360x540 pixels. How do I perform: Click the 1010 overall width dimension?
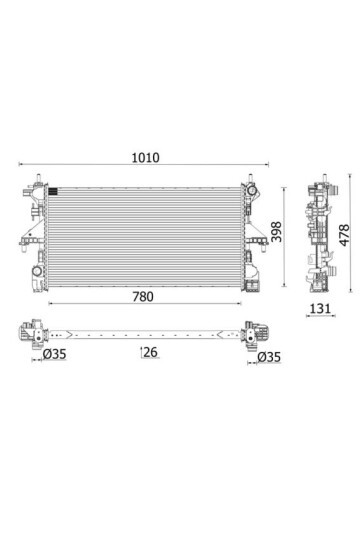pyautogui.click(x=146, y=158)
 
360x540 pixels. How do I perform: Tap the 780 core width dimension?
pyautogui.click(x=143, y=297)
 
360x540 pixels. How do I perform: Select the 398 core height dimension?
pyautogui.click(x=276, y=231)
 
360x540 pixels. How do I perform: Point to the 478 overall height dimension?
pyautogui.click(x=344, y=235)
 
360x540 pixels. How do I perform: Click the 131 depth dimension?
pyautogui.click(x=320, y=308)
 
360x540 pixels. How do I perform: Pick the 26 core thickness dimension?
pyautogui.click(x=151, y=352)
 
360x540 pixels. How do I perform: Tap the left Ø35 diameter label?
pyautogui.click(x=54, y=354)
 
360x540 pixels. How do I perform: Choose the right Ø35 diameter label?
pyautogui.click(x=269, y=357)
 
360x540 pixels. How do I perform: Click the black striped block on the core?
pyautogui.click(x=53, y=191)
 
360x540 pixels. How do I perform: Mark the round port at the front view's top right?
pyautogui.click(x=251, y=190)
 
